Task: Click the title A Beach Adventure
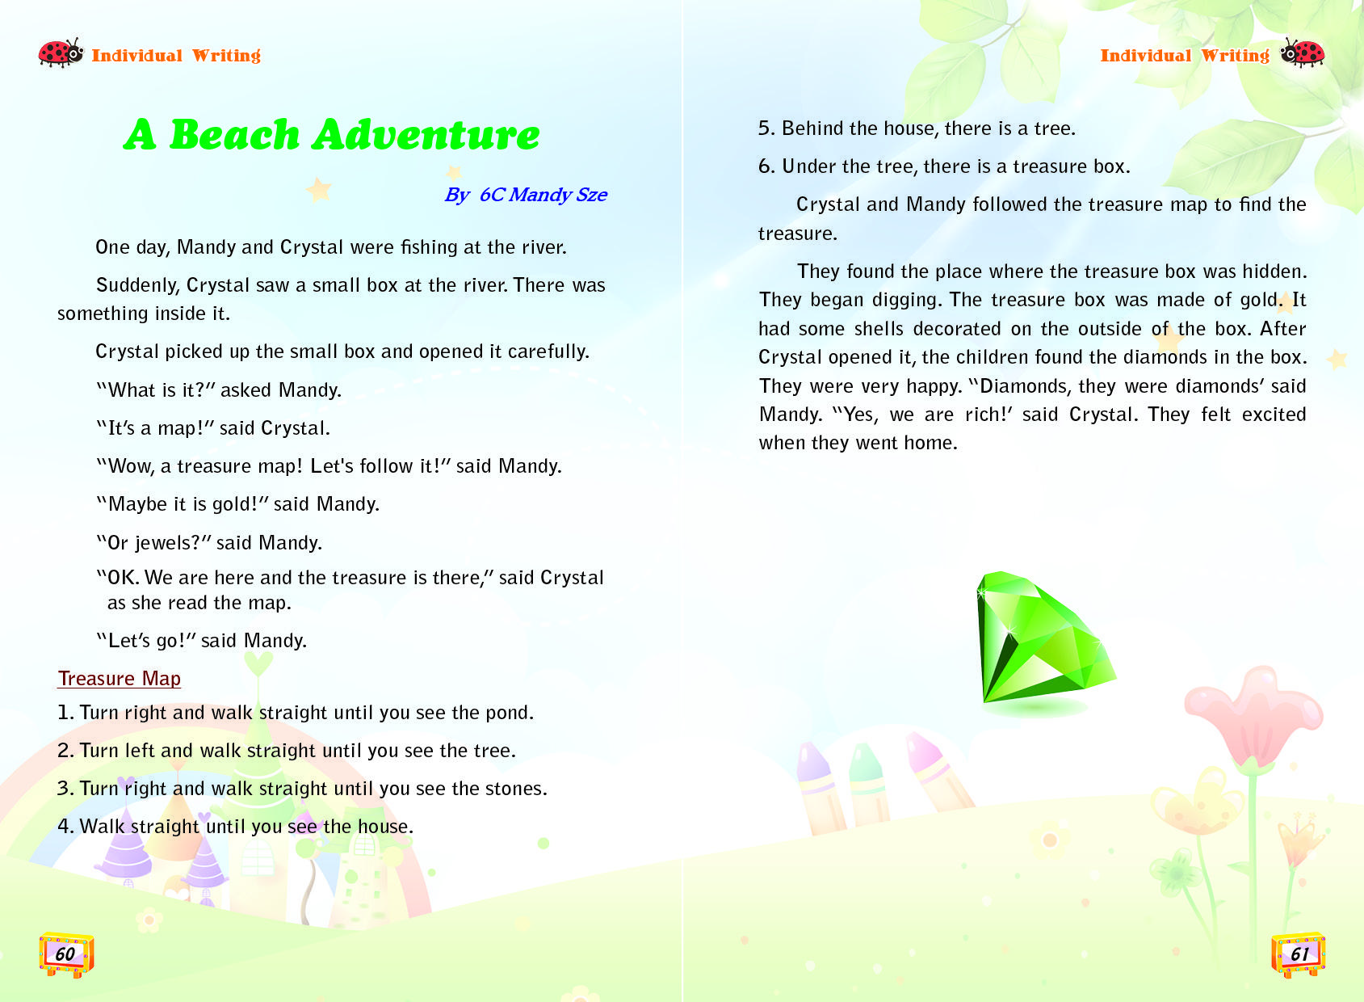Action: [x=331, y=134]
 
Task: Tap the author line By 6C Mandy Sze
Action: [x=526, y=195]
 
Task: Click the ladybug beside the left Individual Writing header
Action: [x=61, y=53]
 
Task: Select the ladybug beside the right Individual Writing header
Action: [x=1302, y=53]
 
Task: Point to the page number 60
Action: [x=65, y=954]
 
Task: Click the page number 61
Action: [x=1299, y=954]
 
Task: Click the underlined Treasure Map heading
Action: [x=120, y=679]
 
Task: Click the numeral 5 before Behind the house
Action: [x=765, y=128]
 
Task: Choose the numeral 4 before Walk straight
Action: [x=65, y=827]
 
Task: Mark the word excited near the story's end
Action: [x=1274, y=415]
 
